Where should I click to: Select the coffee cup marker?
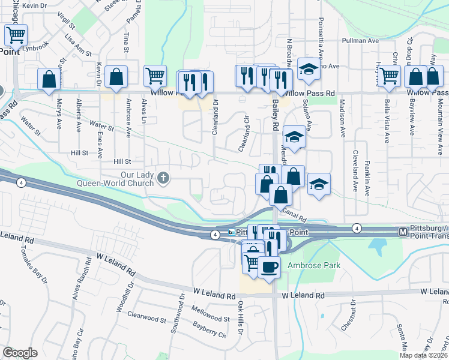[x=268, y=266]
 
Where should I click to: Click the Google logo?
[x=20, y=353]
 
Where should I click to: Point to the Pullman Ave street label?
[x=360, y=41]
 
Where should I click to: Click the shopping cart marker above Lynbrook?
[x=16, y=35]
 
